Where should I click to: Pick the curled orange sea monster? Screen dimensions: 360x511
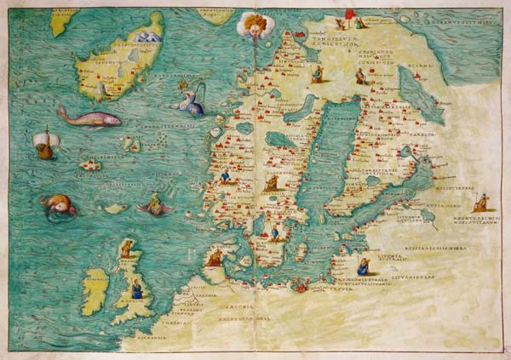coord(58,205)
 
